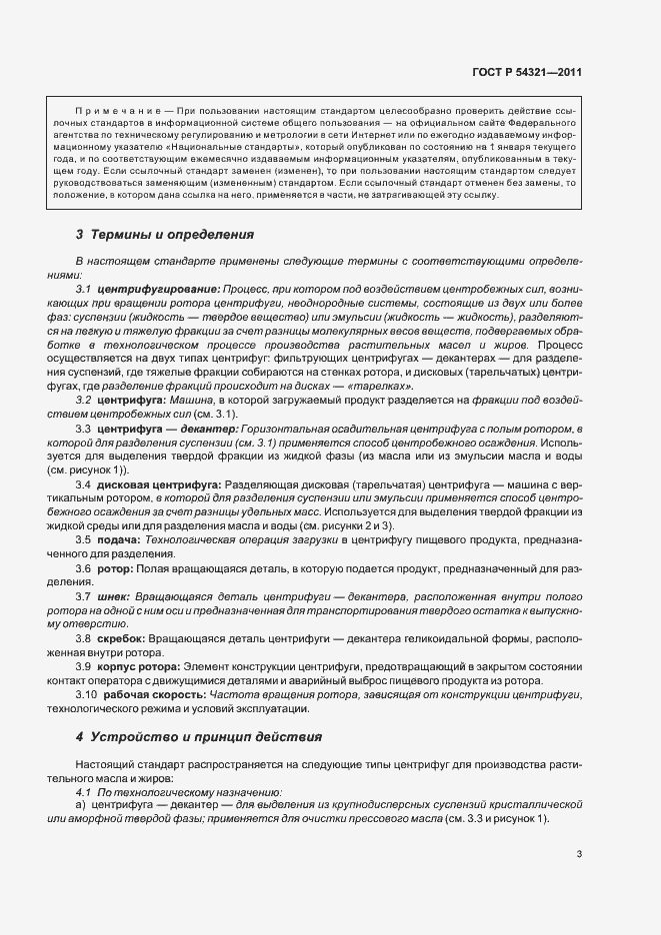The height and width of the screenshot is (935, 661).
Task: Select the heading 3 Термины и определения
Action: [165, 235]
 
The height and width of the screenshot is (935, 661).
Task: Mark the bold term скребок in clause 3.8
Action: [122, 637]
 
